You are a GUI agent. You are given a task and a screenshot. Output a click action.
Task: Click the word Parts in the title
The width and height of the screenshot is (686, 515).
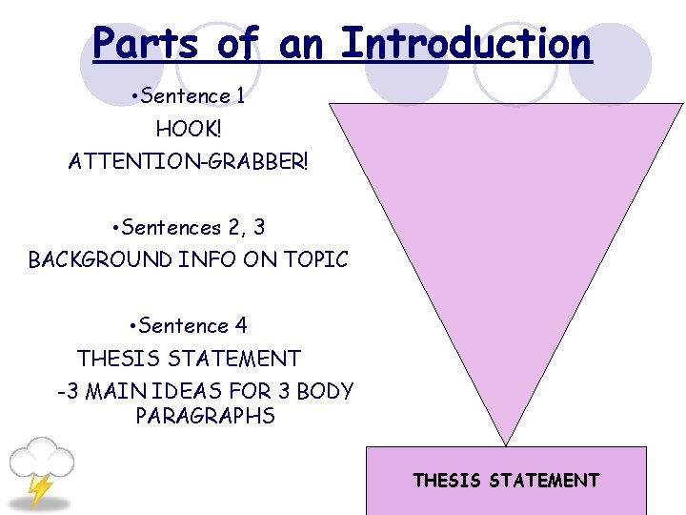coord(146,43)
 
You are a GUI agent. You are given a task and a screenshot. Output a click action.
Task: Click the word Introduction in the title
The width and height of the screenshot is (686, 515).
coord(466,43)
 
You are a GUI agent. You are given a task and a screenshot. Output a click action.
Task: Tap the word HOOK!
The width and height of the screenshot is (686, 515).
coord(189,129)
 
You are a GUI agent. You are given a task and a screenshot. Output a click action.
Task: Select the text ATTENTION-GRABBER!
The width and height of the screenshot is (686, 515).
coord(189,161)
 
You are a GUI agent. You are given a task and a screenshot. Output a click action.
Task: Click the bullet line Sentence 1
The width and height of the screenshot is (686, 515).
coord(188,96)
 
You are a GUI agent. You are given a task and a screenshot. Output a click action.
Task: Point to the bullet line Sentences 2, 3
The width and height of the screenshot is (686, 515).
coord(189,227)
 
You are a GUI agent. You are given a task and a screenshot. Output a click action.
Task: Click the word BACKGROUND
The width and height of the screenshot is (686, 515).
coord(100,259)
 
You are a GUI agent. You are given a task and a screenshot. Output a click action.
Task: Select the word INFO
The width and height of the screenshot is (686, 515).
coord(207,259)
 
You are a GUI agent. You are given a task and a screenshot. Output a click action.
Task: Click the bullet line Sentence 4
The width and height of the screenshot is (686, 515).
coord(189,326)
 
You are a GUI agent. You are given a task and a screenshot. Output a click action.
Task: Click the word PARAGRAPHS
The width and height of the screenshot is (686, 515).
coord(205,416)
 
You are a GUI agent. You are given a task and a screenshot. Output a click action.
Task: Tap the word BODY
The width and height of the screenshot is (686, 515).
coord(325,391)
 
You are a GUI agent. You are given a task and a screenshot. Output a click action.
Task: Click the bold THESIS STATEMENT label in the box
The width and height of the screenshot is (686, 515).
coord(506,481)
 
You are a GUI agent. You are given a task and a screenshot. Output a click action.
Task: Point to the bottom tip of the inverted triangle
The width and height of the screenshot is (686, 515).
coord(506,446)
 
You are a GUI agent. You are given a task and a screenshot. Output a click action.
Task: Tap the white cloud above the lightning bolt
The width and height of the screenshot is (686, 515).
coord(42,458)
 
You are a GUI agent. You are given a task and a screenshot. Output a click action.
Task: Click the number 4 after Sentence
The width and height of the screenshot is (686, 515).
coord(241,326)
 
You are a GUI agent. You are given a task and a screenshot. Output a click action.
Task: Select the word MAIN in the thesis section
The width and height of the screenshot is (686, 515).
coord(115,391)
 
